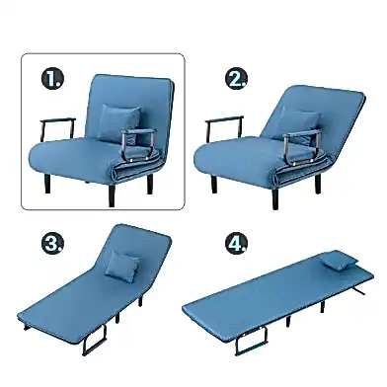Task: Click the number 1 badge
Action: coord(52,79)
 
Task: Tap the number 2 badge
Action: coord(236,78)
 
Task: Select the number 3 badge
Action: coord(52,244)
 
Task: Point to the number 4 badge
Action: coord(236,244)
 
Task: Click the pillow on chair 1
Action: coord(118,123)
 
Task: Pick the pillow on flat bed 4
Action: coord(339,259)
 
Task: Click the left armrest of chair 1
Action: coord(57,121)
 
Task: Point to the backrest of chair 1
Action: coord(131,99)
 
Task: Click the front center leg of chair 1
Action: coord(112,195)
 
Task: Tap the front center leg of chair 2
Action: coord(275,198)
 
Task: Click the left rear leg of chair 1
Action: coord(47,184)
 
